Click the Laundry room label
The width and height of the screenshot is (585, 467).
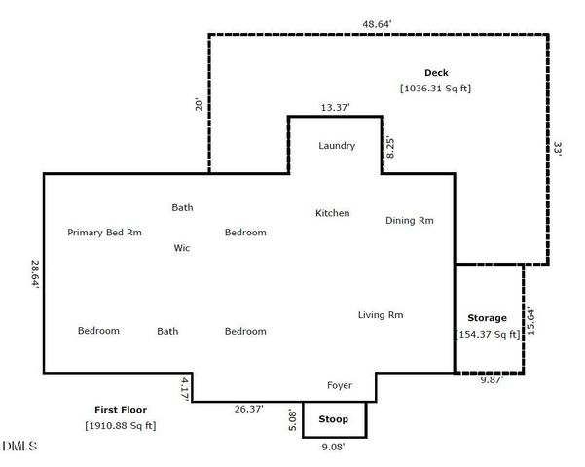[337, 146]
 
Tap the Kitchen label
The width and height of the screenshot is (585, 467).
[332, 213]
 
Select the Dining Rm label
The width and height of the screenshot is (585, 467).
[409, 221]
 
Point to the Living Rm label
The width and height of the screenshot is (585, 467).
[381, 315]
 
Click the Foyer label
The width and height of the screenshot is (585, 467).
[339, 386]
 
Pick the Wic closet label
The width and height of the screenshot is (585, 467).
[181, 248]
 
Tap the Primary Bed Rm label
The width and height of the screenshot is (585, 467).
[104, 233]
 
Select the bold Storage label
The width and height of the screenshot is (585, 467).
[487, 318]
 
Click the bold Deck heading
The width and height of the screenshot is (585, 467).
[435, 73]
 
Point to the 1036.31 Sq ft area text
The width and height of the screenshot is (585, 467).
[435, 89]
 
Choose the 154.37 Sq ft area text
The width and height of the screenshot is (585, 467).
[488, 334]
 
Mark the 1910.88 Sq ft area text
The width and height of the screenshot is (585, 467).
[120, 425]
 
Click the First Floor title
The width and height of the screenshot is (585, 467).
[120, 410]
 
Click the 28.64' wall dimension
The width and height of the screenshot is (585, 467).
[35, 273]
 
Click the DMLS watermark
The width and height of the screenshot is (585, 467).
[19, 448]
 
